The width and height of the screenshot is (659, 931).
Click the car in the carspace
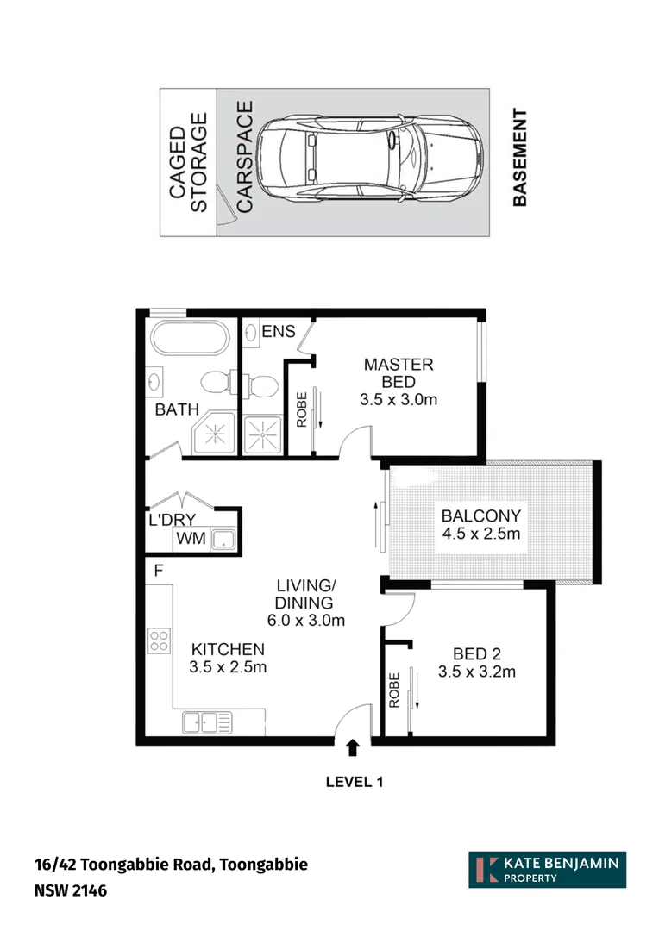pyautogui.click(x=371, y=162)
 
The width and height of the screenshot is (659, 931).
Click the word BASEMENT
pyautogui.click(x=519, y=158)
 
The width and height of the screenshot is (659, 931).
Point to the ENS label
pyautogui.click(x=278, y=332)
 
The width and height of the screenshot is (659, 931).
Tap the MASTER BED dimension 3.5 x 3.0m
pyautogui.click(x=398, y=399)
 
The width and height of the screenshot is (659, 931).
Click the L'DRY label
pyautogui.click(x=171, y=519)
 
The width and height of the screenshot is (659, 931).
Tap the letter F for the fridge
pyautogui.click(x=159, y=571)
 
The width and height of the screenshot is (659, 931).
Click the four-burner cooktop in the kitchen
pyautogui.click(x=159, y=640)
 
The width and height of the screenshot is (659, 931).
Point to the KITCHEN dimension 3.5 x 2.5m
pyautogui.click(x=228, y=666)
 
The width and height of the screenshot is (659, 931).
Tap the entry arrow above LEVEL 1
pyautogui.click(x=353, y=749)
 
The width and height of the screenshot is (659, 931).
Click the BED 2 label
pyautogui.click(x=477, y=653)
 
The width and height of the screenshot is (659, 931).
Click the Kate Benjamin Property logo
pyautogui.click(x=547, y=870)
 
